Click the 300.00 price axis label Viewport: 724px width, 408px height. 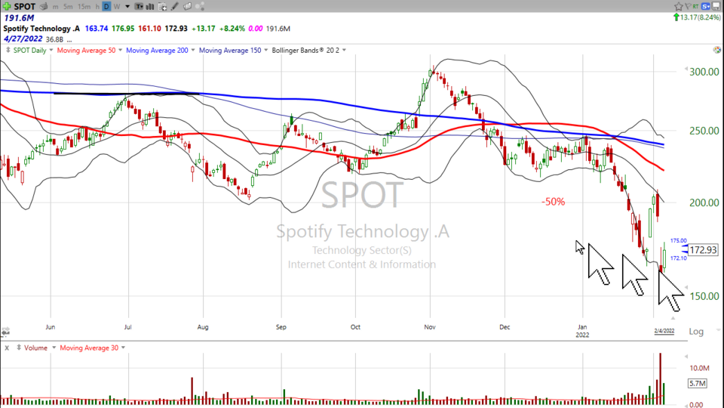coord(704,72)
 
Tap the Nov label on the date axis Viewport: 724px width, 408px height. coord(429,327)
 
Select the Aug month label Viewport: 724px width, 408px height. coord(202,327)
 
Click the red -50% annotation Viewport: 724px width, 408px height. coord(553,202)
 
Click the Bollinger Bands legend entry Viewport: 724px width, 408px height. coord(300,50)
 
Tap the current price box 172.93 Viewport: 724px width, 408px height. coord(703,249)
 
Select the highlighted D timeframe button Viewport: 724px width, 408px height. coord(106,6)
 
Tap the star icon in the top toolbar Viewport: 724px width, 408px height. coord(678,6)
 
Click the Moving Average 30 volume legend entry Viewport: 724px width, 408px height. coord(90,348)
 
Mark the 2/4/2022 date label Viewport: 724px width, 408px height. coord(664,330)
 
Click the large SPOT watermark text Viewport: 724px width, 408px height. coord(363,196)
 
